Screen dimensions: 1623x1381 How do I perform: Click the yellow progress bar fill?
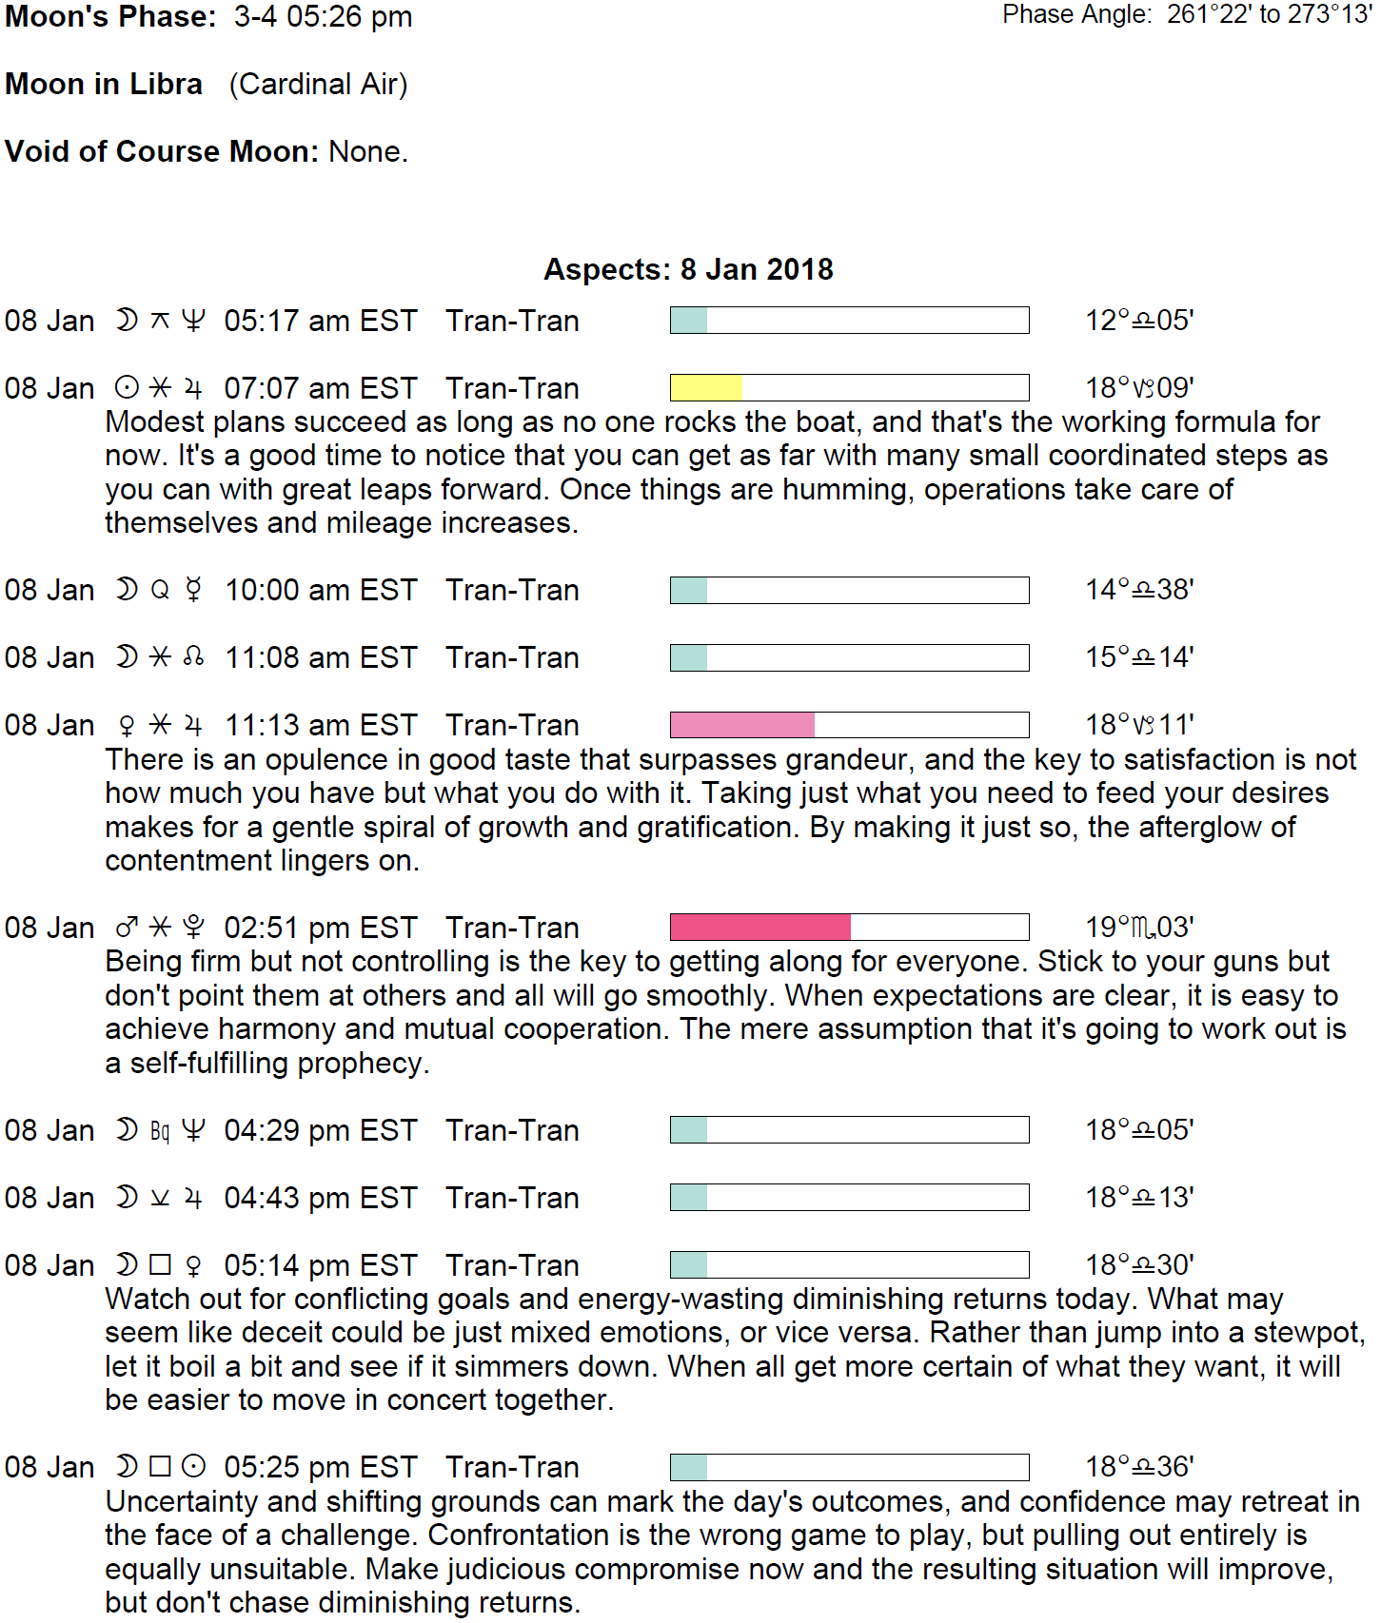706,388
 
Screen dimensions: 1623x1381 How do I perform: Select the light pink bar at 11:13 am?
742,725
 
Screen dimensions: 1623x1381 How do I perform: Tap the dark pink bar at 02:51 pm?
760,928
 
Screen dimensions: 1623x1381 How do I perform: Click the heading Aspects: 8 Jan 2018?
688,270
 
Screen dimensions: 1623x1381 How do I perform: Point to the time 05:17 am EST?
321,322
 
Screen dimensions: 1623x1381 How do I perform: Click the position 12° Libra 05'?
1139,321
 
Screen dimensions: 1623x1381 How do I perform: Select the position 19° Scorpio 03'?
1139,928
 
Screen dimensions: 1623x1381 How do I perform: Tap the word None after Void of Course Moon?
367,152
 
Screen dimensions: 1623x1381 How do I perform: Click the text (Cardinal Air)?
318,85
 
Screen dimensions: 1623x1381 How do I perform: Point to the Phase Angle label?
1077,15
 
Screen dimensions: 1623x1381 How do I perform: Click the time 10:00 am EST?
321,591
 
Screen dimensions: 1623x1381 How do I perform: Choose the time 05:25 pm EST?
321,1468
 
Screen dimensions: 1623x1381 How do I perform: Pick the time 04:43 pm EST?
321,1199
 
